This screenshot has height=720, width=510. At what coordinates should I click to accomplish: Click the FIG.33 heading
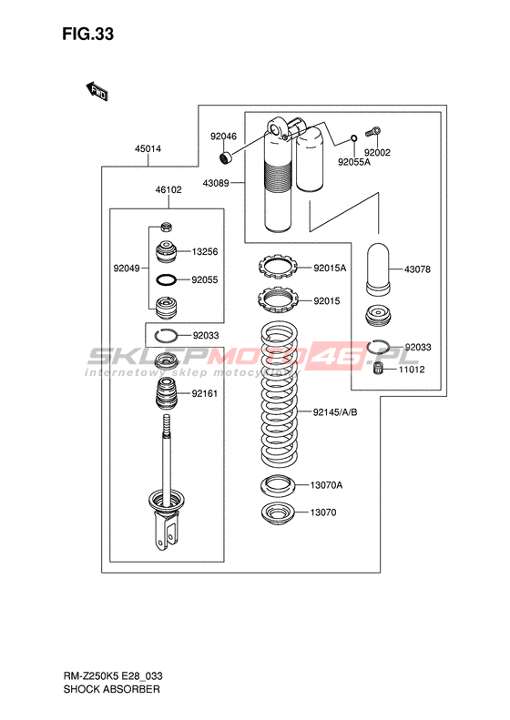pos(87,34)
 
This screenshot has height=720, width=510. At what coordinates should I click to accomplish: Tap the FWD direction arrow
pos(97,91)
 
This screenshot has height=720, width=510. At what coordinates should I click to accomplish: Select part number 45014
pos(148,148)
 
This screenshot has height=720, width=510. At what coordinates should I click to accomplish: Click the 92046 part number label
pos(223,136)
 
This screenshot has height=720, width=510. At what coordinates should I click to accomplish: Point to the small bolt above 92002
pos(372,132)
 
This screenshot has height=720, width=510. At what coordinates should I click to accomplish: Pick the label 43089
pos(216,183)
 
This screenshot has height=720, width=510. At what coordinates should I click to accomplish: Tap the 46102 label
pos(168,189)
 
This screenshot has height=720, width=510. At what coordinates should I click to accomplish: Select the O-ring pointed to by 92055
pos(166,279)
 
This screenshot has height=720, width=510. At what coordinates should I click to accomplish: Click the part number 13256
pos(205,251)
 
